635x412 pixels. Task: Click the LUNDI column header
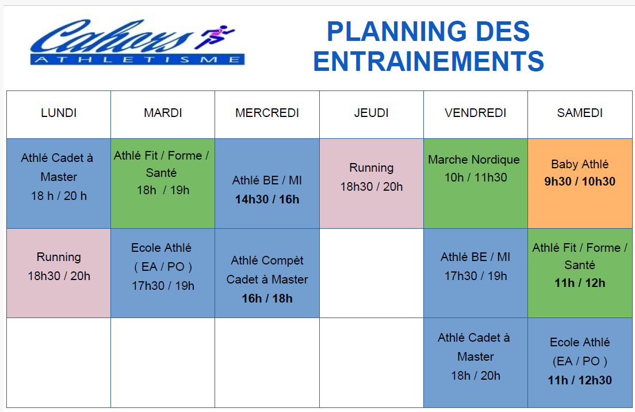tap(59, 113)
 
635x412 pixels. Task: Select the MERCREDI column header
tap(267, 113)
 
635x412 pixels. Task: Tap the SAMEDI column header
tap(580, 113)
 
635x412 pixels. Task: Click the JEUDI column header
tap(372, 113)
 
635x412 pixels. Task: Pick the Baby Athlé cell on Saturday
tap(580, 183)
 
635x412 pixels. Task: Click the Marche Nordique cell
tap(476, 183)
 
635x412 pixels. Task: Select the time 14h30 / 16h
tap(267, 199)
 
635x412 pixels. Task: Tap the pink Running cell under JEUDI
tap(372, 183)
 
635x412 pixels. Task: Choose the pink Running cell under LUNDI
tap(59, 273)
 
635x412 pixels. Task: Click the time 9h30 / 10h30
tap(580, 182)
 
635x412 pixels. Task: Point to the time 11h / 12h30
tap(580, 380)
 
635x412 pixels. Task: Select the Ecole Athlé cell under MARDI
tap(163, 273)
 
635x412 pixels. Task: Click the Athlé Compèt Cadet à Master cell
tap(267, 273)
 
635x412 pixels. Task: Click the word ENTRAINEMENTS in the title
tap(429, 61)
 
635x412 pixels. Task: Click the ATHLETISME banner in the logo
tap(137, 60)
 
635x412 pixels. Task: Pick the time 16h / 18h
tap(267, 298)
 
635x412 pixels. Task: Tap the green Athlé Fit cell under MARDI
tap(163, 183)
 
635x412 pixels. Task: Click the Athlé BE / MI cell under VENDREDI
tap(476, 273)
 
